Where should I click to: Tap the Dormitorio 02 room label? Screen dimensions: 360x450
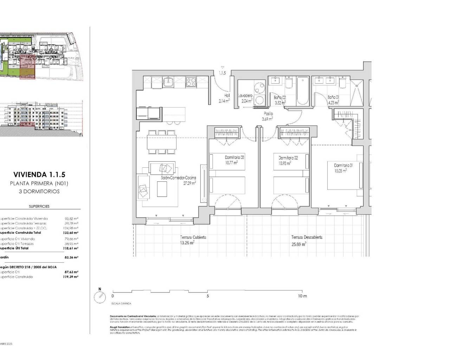coord(288,158)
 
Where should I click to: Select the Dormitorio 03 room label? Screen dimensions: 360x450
coord(234,157)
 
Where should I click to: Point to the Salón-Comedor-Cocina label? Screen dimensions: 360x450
coord(178,178)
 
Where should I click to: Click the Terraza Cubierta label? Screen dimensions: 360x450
coord(193,237)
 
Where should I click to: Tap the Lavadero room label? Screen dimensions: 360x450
coord(245,96)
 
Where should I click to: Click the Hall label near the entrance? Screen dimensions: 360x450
coord(227,96)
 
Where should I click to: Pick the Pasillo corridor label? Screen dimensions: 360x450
coord(269,114)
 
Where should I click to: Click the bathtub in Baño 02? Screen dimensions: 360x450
coord(303,91)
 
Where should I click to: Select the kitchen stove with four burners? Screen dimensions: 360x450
coord(191,82)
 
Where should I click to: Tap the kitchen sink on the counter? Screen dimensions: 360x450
coord(169,82)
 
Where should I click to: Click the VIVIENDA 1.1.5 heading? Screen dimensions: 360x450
coord(39,174)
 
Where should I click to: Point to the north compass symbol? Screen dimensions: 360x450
coord(100,297)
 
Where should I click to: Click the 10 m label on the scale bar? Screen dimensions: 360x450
coord(302,296)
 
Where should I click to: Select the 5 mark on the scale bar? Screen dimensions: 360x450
coord(208,296)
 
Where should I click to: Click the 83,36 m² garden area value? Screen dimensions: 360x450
coord(72,257)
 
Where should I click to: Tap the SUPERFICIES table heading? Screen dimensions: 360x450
coord(39,206)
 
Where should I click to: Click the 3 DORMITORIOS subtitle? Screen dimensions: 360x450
coord(39,192)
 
